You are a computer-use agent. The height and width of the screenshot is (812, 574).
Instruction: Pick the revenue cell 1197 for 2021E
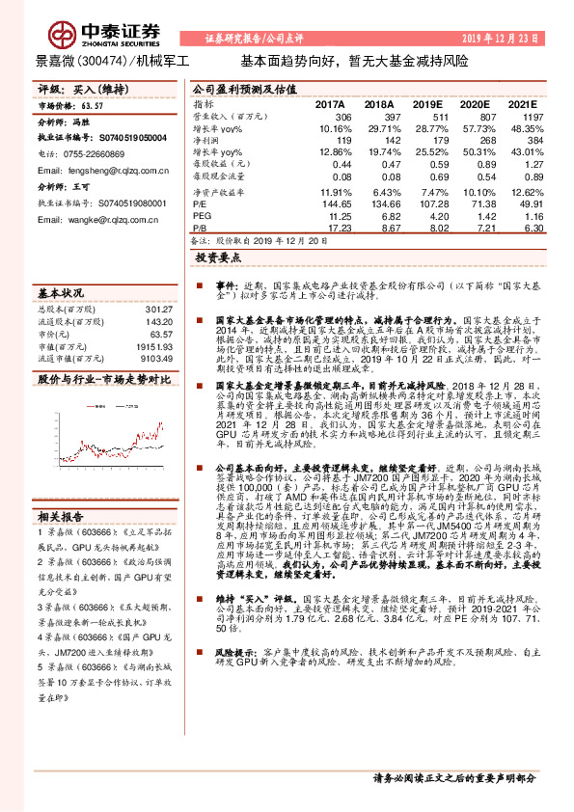click(520, 116)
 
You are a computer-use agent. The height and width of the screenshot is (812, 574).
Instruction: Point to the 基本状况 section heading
click(60, 292)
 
